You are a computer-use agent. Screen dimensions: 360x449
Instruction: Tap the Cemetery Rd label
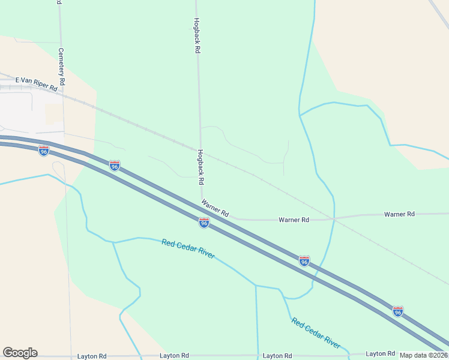coord(62,66)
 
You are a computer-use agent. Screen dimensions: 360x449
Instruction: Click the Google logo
coord(20,353)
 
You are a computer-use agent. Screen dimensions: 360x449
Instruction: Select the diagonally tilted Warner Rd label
coord(215,208)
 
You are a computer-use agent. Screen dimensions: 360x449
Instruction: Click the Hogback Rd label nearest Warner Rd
coord(201,167)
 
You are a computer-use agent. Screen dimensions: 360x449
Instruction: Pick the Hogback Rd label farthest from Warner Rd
coord(196,36)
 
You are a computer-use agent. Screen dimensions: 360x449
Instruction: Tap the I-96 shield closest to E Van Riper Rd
coord(44,151)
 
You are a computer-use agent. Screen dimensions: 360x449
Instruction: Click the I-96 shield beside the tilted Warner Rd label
coord(204,223)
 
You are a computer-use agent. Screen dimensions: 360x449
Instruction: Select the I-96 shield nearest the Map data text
coord(397,311)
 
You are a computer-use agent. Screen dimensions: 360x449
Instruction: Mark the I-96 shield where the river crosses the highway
coord(304,261)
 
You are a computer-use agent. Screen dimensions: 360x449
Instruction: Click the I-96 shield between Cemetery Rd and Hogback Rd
coord(115,165)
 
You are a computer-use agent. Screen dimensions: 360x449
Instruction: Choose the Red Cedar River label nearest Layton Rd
coord(316,333)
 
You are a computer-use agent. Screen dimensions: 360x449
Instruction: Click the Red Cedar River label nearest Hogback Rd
coord(188,249)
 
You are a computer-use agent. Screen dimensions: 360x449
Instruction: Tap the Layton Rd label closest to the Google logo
coord(92,356)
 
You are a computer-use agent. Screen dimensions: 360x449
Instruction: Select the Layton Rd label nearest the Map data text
coord(380,354)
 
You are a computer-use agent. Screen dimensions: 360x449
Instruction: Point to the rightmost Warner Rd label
coord(399,214)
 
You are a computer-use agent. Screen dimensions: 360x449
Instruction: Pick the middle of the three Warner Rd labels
coord(294,220)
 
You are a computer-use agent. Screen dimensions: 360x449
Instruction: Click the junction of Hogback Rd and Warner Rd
coord(202,199)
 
